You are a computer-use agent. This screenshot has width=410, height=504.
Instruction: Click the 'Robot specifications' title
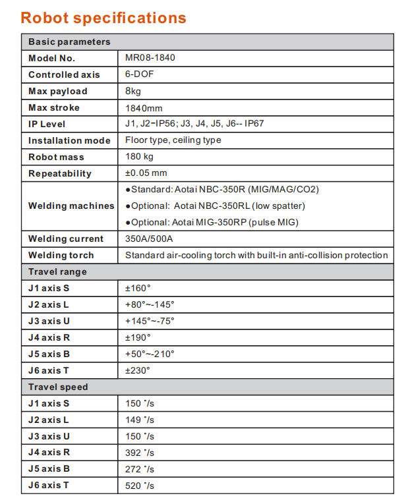click(x=103, y=18)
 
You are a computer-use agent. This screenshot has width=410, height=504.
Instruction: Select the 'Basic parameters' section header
click(x=69, y=42)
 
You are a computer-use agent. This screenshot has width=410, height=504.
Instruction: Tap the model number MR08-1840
click(x=150, y=58)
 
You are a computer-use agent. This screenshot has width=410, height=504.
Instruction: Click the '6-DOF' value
click(x=140, y=74)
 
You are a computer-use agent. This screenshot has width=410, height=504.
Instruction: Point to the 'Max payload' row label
click(x=58, y=91)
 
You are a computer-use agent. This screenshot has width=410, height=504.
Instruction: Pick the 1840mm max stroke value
click(x=144, y=107)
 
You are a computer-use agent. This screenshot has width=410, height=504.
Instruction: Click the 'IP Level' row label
click(x=47, y=124)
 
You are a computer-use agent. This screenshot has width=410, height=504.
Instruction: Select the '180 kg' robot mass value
click(x=139, y=157)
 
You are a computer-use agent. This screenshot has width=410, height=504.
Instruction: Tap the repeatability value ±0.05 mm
click(x=146, y=173)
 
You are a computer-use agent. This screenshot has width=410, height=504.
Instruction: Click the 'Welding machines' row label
click(x=71, y=206)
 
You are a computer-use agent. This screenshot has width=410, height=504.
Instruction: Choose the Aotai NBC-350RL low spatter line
click(x=216, y=206)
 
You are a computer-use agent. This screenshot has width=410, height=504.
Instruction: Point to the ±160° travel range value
click(x=138, y=288)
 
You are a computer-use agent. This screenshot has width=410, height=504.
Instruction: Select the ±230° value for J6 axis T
click(x=138, y=370)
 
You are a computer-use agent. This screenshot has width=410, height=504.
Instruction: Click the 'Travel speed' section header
click(x=58, y=387)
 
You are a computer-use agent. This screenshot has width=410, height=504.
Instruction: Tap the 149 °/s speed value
click(x=139, y=420)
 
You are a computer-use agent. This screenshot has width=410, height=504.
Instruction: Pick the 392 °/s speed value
click(x=139, y=453)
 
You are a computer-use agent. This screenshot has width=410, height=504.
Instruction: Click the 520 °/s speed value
click(x=139, y=486)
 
